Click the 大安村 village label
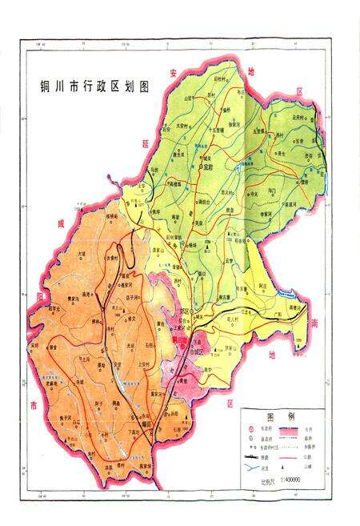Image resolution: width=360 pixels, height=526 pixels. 185,125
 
